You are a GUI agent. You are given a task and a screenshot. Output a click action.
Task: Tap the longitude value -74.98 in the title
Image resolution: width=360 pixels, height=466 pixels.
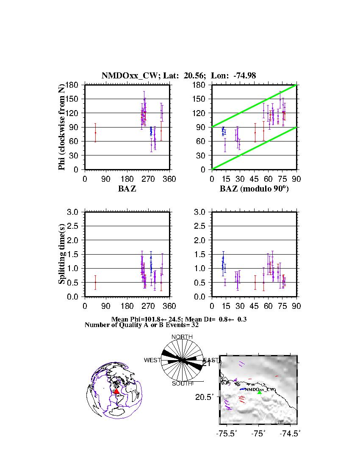coord(244,76)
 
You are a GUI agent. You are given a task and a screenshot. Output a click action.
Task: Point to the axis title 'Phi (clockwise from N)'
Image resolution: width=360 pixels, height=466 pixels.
coord(62,127)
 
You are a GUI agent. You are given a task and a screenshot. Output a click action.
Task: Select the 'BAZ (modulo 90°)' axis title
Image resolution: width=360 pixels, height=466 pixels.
coord(254,189)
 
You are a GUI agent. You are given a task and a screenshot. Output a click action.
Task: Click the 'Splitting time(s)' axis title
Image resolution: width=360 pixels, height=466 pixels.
coord(62,254)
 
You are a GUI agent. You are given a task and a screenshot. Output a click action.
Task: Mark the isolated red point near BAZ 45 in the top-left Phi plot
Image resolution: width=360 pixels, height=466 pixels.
coord(95,133)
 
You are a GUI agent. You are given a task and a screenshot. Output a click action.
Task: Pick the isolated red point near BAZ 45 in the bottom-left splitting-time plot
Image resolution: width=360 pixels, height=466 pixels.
coord(95,282)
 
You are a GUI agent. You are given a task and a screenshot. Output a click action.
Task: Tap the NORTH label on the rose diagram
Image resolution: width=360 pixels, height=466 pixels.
coord(182,337)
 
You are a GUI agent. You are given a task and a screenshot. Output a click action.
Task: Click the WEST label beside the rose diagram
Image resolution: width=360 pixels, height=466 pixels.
coord(152,360)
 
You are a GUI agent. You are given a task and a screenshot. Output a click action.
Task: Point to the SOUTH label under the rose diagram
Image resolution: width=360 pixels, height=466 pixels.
coord(182,383)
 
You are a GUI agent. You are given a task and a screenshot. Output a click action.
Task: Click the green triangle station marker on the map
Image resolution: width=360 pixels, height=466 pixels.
coord(259,392)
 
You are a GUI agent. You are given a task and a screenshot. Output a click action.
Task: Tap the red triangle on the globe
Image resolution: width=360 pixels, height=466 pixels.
coord(117,391)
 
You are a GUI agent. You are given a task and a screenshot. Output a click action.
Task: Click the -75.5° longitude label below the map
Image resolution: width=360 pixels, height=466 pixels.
coord(226,433)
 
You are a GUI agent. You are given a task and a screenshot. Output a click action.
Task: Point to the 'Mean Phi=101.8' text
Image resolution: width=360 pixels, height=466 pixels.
coord(140,319)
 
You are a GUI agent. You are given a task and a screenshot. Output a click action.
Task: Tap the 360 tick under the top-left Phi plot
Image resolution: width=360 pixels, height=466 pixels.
coord(169,179)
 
